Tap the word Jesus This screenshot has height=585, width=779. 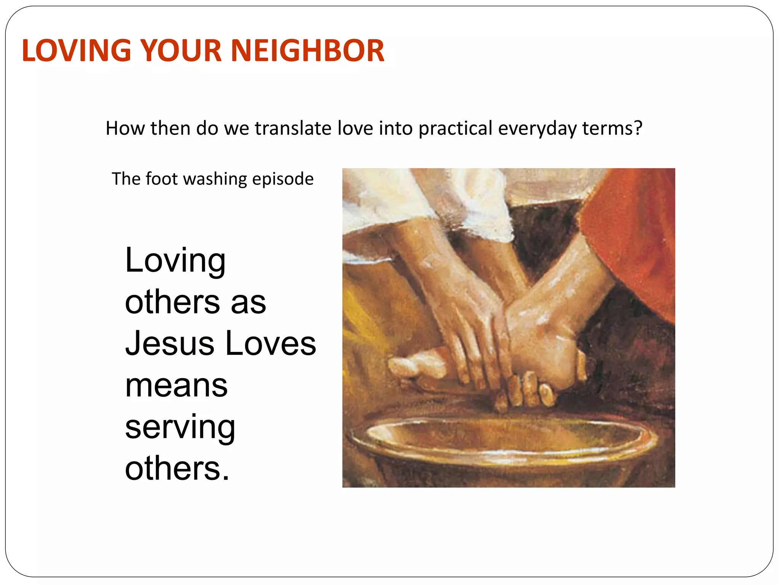(170, 344)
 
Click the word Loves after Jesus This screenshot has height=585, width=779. (270, 344)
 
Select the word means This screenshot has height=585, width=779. (176, 386)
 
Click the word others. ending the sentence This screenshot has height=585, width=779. (177, 469)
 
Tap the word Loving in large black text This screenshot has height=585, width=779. (175, 261)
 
